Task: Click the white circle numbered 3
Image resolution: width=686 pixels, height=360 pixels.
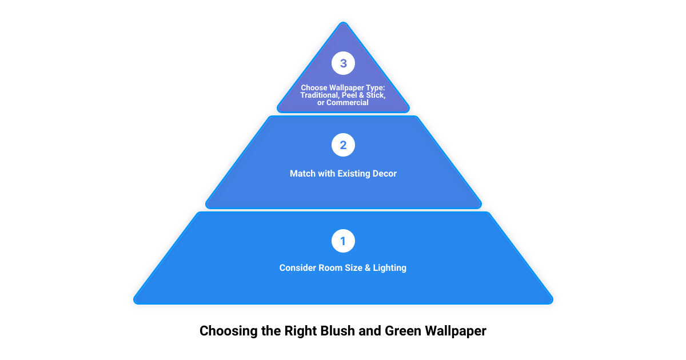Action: tap(343, 63)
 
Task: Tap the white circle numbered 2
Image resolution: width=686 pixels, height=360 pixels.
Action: tap(343, 145)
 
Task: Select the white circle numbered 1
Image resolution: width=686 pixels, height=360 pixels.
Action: tap(343, 241)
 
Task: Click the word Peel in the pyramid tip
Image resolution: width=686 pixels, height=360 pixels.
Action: tap(349, 95)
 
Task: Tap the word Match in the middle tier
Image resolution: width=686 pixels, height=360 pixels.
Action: tap(302, 174)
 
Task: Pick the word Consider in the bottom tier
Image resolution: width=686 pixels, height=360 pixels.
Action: tap(298, 268)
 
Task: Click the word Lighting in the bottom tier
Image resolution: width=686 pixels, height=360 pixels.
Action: tap(389, 268)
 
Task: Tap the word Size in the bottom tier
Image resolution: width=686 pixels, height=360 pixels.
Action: tap(354, 268)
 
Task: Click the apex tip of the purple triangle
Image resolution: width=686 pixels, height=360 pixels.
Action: tap(344, 22)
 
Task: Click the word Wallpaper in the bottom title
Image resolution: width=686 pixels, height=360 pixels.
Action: tap(456, 331)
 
